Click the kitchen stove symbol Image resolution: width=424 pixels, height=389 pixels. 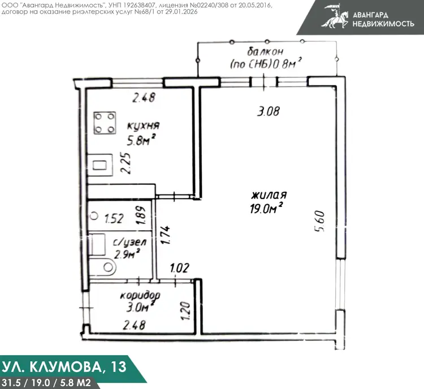pos(105,123)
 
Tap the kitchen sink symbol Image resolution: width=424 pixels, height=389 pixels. pos(99,165)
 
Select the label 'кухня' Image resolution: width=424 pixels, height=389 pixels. pos(144,126)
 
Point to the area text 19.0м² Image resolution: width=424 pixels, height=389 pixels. pos(267,208)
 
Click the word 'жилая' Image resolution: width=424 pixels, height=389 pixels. pos(269,195)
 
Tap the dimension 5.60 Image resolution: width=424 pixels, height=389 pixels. pos(319,221)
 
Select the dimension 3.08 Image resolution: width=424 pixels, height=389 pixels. pos(268,111)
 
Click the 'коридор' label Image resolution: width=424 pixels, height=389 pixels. pos(140,295)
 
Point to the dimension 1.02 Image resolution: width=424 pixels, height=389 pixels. pos(180,268)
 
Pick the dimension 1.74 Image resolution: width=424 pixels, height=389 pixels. pos(165,235)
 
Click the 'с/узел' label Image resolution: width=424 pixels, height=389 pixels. pos(130,242)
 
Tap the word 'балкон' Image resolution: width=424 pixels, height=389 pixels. pos(265,51)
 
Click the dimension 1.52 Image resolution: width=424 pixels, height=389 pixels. pos(114,218)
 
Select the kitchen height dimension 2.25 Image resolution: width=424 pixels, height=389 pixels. pos(126,163)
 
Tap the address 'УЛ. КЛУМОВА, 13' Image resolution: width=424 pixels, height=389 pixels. pos(64,367)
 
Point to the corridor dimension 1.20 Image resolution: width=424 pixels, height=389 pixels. pos(186,311)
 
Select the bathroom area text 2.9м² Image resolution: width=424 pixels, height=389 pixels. pos(127,254)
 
